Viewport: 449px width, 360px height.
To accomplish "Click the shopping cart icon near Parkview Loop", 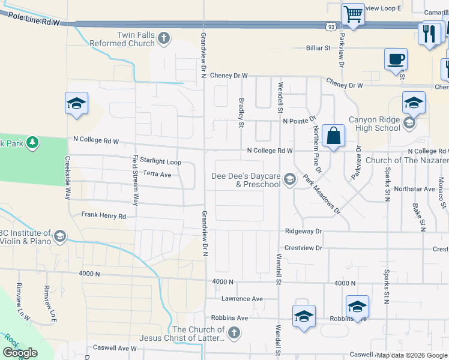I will click(x=353, y=13).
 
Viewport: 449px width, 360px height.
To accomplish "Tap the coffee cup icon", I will click(x=396, y=60).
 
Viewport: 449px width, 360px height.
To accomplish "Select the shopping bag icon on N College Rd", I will click(x=333, y=136).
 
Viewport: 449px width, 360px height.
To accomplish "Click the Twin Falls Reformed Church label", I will click(x=122, y=40).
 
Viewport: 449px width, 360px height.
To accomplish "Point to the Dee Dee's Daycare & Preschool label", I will click(x=246, y=180).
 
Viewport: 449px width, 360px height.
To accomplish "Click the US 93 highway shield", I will click(x=331, y=27).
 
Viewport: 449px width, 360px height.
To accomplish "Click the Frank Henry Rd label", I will click(x=104, y=215).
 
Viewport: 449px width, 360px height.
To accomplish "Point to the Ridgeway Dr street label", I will click(x=303, y=231).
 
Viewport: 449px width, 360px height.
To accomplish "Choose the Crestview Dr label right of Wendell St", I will click(x=303, y=248).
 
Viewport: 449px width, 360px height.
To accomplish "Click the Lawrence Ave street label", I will click(x=242, y=298).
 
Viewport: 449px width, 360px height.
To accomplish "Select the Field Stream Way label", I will click(x=136, y=180).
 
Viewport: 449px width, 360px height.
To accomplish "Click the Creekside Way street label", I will click(x=68, y=179).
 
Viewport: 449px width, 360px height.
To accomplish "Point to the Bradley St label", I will click(x=241, y=113).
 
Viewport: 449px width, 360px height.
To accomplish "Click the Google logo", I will click(x=20, y=353).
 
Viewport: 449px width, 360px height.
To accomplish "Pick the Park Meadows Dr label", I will click(x=321, y=195).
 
